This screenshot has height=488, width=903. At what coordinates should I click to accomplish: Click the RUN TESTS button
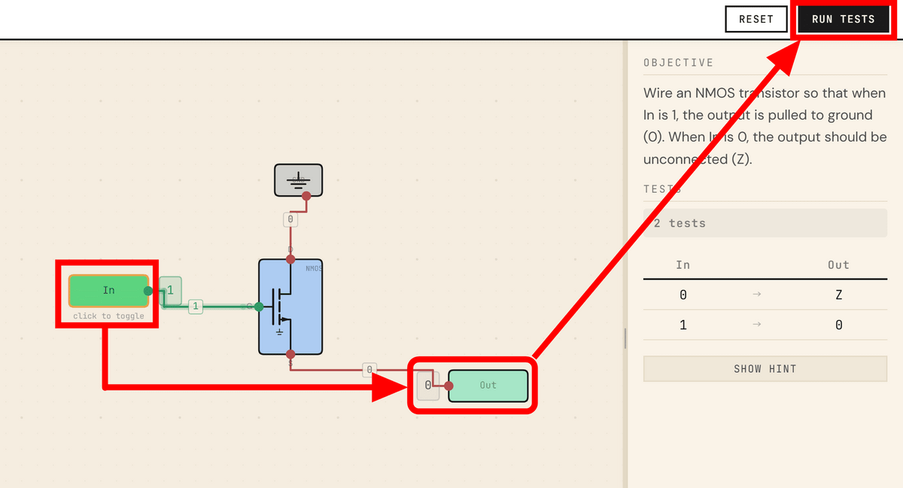coord(843,19)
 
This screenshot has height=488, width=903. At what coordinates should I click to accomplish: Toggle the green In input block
coord(108,291)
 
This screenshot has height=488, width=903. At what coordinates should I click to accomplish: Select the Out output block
coord(488,386)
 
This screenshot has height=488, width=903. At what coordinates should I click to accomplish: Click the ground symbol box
coord(298,180)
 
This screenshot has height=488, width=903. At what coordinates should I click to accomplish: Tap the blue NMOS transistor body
coord(290,307)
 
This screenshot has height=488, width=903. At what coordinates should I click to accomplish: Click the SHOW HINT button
coord(765,369)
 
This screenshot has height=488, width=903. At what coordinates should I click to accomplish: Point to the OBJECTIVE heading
coord(678,63)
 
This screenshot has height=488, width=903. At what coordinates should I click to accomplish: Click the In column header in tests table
coord(683,265)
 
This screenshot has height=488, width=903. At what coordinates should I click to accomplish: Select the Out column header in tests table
coord(838,265)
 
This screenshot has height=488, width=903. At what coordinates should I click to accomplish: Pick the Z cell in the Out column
coord(838,295)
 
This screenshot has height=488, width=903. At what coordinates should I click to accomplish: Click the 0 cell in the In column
coord(683,295)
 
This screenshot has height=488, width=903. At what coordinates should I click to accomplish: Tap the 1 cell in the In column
coord(683,325)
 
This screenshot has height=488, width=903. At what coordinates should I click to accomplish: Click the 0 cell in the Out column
coord(838,325)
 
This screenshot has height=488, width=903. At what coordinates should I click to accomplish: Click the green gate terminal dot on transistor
coord(259,307)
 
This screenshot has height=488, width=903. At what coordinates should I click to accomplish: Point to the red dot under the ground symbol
coord(306,196)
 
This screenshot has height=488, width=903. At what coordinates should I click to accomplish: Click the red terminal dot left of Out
coord(449,386)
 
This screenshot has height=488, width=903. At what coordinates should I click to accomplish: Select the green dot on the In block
coord(148,291)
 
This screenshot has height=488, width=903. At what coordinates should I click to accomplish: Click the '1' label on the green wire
coord(195,307)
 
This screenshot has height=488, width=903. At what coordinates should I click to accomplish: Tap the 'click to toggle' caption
coord(108,316)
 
